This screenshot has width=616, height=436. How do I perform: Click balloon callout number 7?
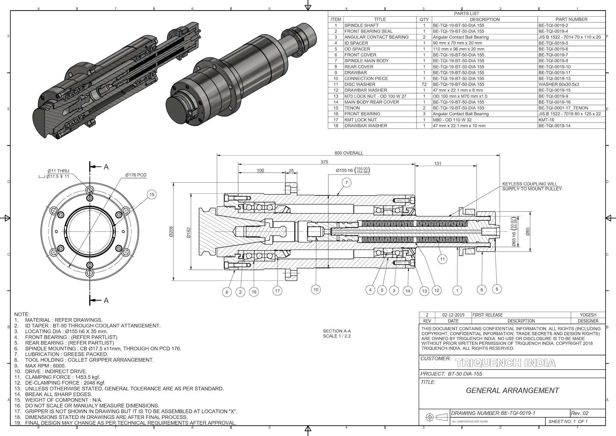(x=346, y=182)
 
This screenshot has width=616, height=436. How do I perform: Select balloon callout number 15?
(x=152, y=195)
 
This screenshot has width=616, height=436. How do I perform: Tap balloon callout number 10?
(x=316, y=290)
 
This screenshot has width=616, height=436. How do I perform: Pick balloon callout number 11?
(x=442, y=259)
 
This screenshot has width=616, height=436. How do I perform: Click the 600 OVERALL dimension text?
(x=349, y=153)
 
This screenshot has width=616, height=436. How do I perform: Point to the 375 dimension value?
(x=324, y=162)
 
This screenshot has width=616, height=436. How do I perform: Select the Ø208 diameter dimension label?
(x=171, y=232)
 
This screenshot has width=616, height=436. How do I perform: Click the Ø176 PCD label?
(x=136, y=175)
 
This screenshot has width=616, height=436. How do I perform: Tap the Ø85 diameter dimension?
(x=528, y=231)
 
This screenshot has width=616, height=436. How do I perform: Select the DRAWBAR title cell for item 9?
(x=356, y=73)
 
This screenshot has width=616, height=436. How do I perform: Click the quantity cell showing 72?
(x=424, y=84)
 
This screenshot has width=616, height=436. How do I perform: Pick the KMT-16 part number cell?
(x=546, y=120)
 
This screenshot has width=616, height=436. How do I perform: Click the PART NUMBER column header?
(x=571, y=19)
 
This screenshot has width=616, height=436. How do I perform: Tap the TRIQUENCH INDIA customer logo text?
(x=505, y=363)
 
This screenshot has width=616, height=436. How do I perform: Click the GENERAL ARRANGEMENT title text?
(x=512, y=391)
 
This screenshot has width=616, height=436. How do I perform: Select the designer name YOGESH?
(x=588, y=315)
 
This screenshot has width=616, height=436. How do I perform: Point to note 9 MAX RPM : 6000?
(x=45, y=366)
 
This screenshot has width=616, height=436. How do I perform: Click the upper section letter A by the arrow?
(x=106, y=167)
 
